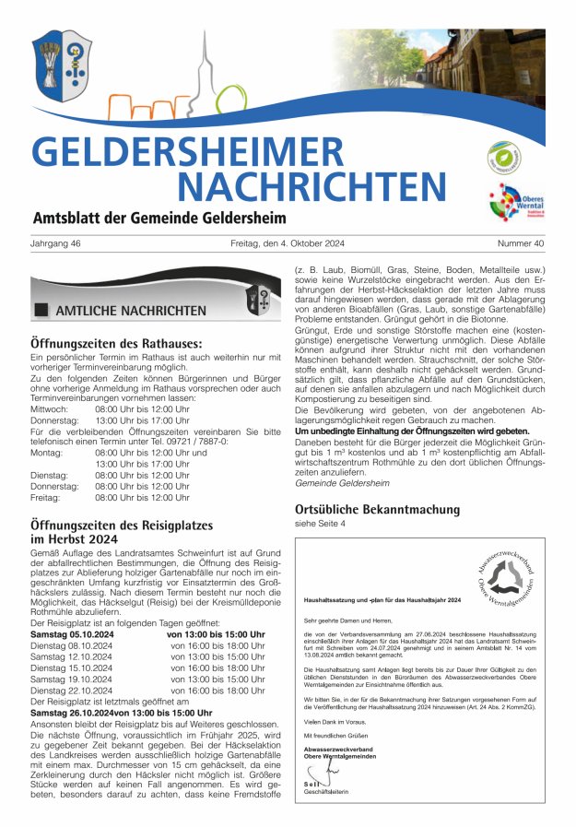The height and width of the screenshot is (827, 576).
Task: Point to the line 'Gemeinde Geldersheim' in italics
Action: click(x=342, y=483)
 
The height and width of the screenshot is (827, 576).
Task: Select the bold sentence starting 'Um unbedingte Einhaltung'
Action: click(x=412, y=431)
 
